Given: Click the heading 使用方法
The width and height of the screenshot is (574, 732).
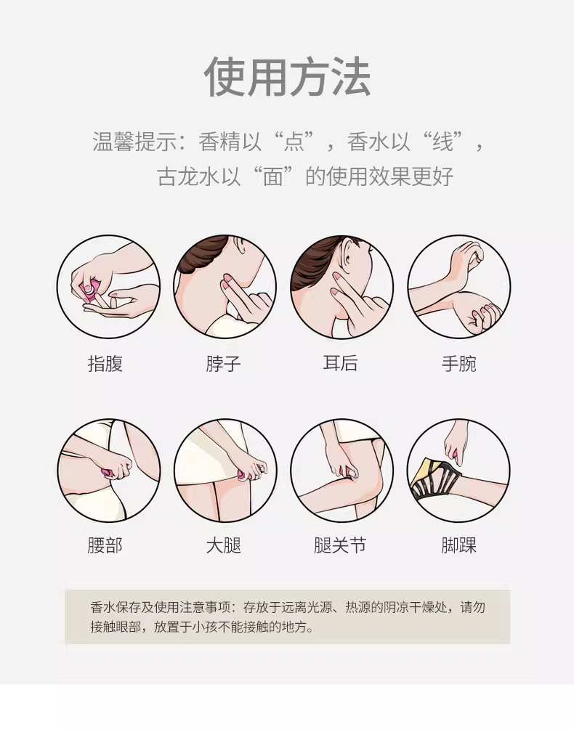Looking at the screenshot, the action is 287,77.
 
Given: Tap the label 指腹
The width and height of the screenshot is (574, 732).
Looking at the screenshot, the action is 105,364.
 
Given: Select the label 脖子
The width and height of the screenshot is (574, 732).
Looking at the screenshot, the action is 223,364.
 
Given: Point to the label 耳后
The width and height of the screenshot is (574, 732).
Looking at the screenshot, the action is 341,363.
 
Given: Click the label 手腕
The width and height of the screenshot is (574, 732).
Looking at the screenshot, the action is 459,364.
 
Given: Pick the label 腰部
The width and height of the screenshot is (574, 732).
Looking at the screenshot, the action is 105,545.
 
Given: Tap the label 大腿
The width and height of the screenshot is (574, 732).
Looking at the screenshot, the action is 223,545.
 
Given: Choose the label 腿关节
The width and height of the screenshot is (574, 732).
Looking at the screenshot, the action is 340,545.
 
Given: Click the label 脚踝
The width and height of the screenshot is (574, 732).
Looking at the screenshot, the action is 459,545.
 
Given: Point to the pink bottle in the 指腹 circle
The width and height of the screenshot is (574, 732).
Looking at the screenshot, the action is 89,290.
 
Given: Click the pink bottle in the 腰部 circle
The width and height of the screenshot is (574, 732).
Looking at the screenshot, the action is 108,473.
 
